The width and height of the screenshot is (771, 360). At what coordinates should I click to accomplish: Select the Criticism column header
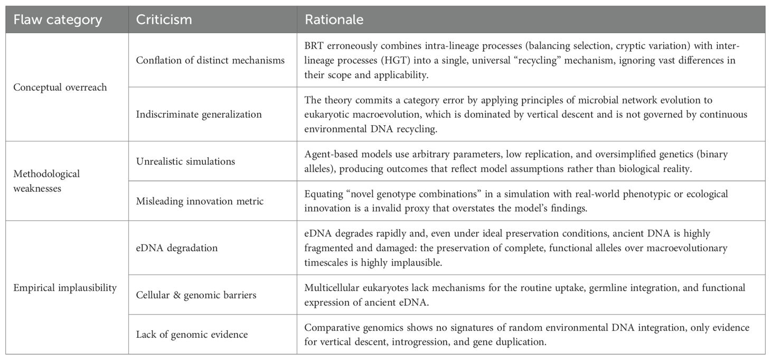point(164,20)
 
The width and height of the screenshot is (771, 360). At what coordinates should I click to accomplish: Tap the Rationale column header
point(333,20)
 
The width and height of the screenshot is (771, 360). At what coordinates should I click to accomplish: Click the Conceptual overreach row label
point(60,87)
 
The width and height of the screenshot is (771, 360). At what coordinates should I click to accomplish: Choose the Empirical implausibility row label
point(64,288)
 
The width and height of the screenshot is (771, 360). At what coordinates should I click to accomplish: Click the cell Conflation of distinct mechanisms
point(210,60)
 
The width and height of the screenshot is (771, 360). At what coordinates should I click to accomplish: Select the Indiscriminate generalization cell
point(200,114)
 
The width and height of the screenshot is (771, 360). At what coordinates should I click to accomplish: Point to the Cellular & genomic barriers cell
point(196,295)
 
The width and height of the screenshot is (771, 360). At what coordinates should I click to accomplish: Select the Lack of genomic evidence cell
point(192,334)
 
